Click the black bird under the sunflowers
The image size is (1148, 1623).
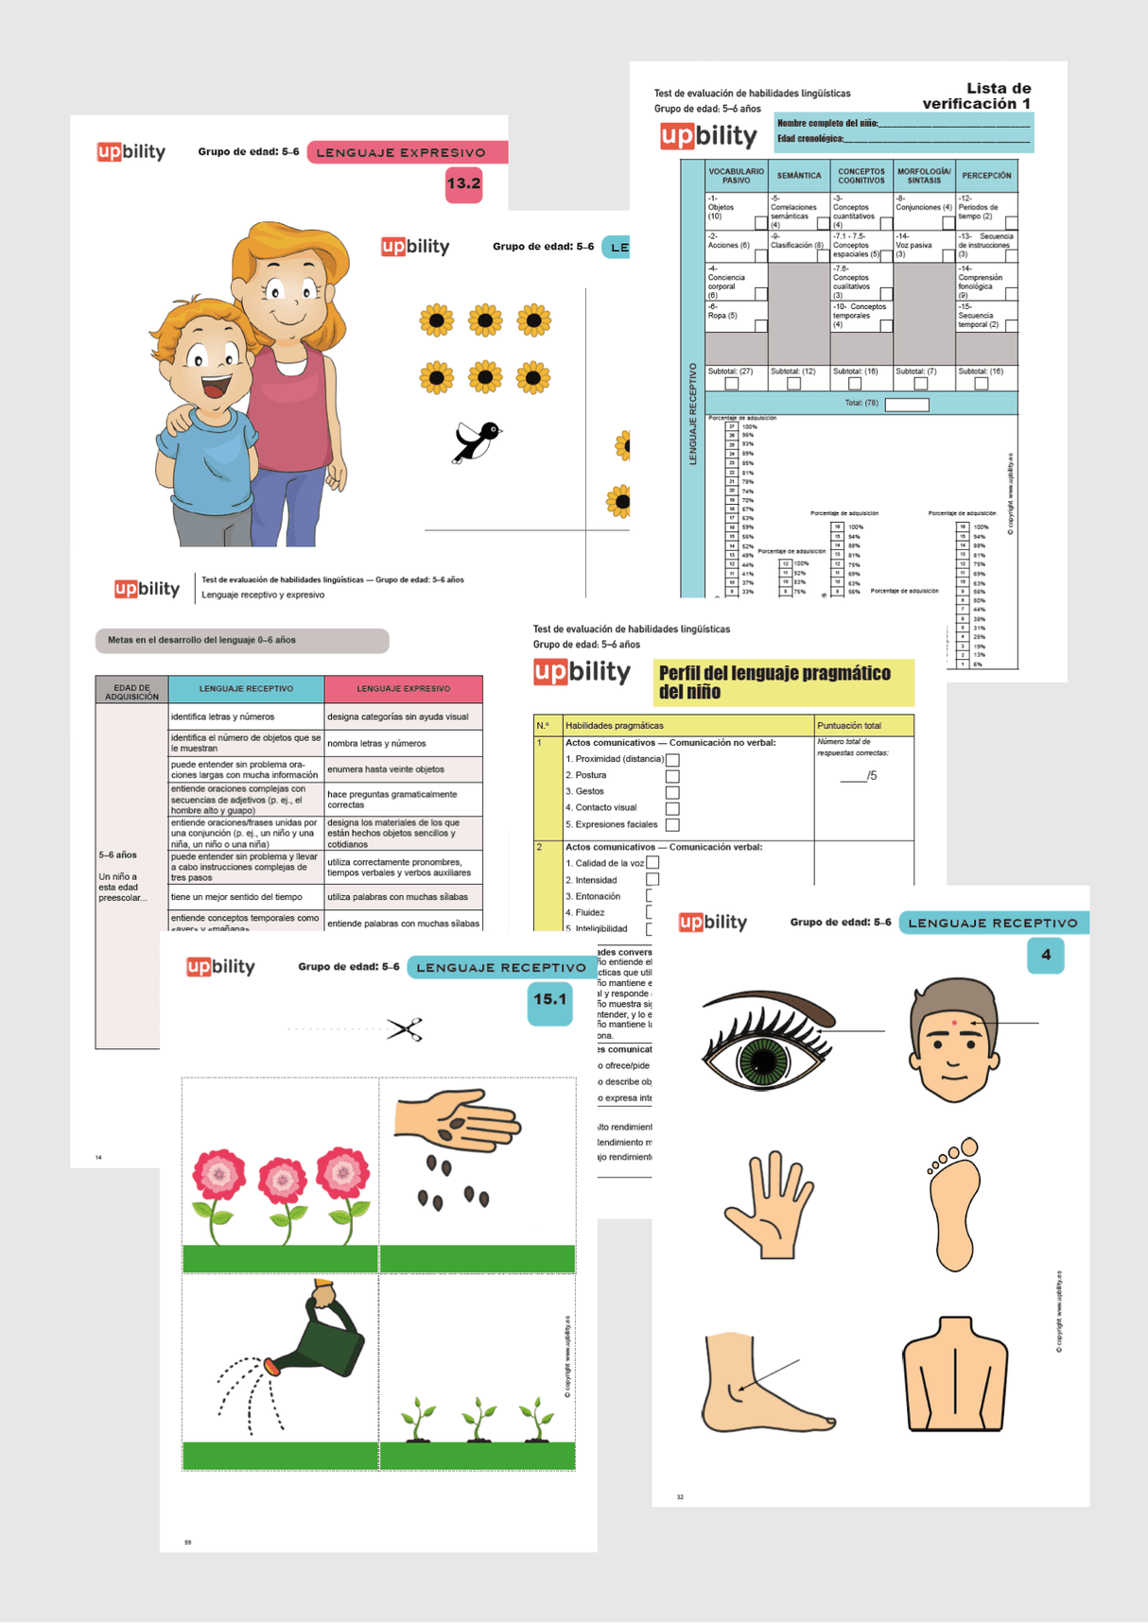click(x=477, y=440)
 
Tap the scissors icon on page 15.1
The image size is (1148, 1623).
click(x=405, y=1029)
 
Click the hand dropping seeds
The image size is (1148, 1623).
click(x=457, y=1121)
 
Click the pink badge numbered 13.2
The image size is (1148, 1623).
click(x=463, y=183)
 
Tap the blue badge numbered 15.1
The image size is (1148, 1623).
click(x=549, y=1000)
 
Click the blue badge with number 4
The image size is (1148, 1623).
click(x=1045, y=955)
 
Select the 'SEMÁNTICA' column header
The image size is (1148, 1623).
click(x=799, y=176)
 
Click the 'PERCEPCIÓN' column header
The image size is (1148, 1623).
click(x=986, y=176)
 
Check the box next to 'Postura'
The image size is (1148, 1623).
click(x=672, y=776)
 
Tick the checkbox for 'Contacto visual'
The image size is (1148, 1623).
click(x=672, y=808)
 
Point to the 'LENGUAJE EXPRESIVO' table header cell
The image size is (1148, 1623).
click(x=403, y=689)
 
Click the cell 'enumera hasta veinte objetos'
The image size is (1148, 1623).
click(x=403, y=769)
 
